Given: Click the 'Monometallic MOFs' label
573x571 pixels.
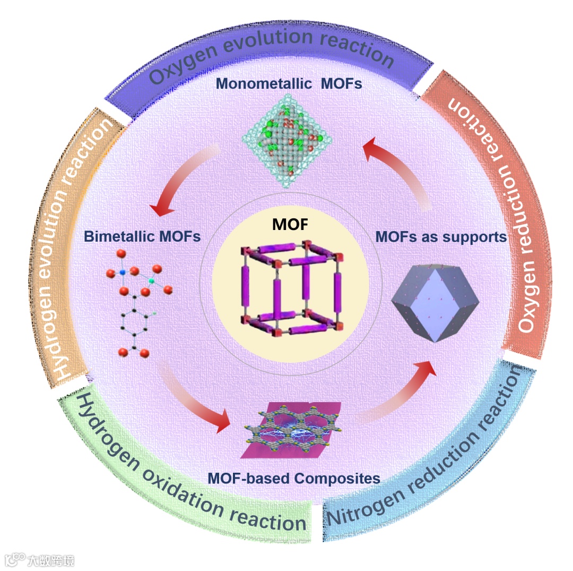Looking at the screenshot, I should pyautogui.click(x=289, y=84).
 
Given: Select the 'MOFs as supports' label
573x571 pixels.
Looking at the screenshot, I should pyautogui.click(x=441, y=236).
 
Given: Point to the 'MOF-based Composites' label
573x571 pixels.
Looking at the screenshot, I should pyautogui.click(x=293, y=478).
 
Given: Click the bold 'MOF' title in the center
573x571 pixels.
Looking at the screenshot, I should pyautogui.click(x=289, y=225).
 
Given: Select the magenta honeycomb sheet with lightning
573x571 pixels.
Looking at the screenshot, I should pyautogui.click(x=291, y=430).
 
